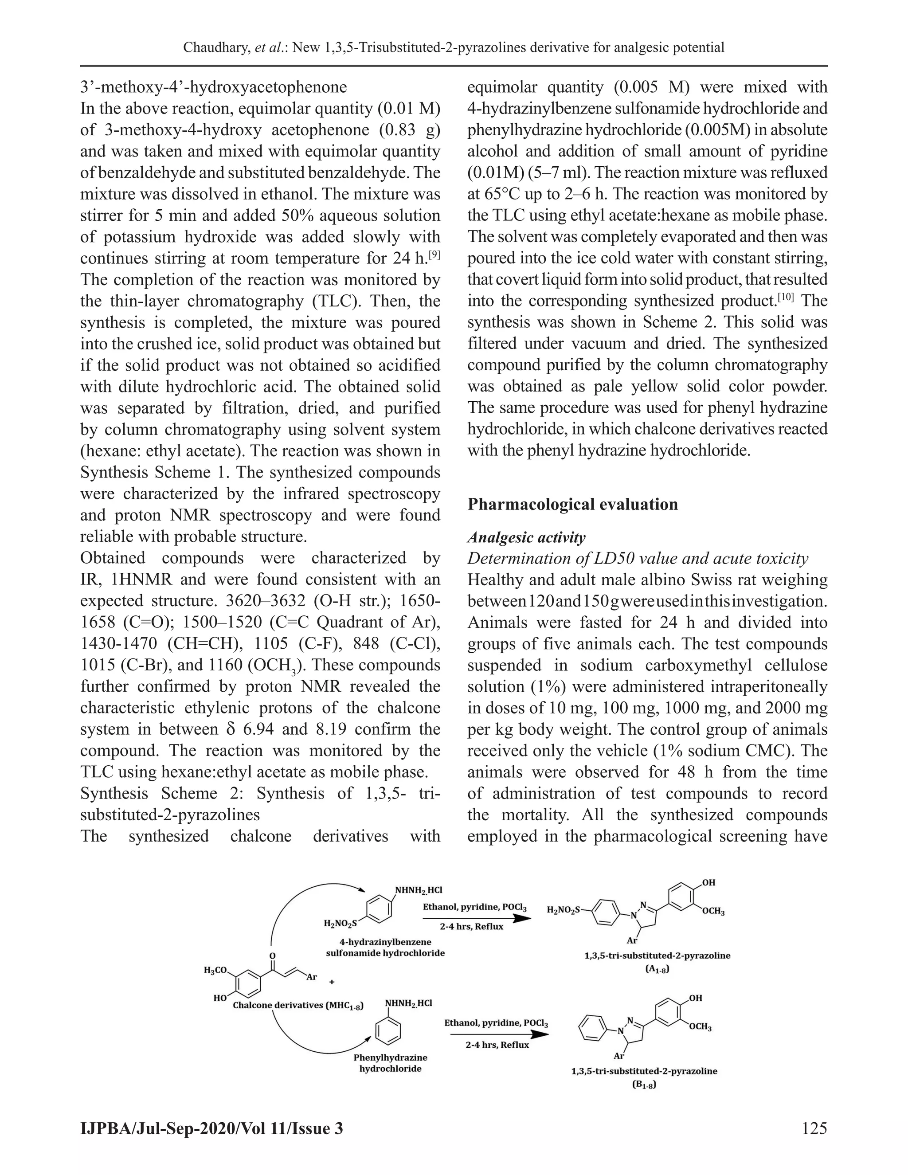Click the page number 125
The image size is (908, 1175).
[x=814, y=1128]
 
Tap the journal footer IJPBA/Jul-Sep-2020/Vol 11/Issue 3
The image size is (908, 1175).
[x=211, y=1128]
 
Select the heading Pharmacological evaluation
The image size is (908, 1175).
[x=572, y=504]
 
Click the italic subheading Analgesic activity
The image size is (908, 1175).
[x=526, y=537]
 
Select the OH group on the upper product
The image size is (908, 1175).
[x=708, y=883]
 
